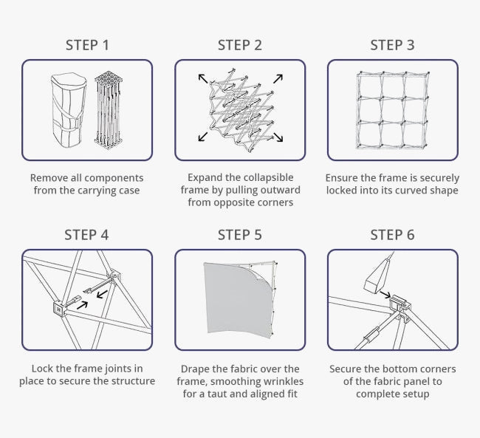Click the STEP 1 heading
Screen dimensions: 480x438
pos(87,45)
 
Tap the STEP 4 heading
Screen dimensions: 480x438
pos(86,235)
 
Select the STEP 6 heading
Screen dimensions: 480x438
pos(392,235)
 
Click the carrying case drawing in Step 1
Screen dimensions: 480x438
pos(69,110)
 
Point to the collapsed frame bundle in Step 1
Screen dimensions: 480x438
pos(109,109)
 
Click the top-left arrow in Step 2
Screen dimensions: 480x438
pos(203,78)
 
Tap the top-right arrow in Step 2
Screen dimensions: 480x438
pos(278,78)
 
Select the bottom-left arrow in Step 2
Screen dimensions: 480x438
pos(203,137)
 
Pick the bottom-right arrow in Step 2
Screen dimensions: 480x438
pos(278,137)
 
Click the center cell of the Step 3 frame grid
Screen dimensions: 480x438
pos(393,110)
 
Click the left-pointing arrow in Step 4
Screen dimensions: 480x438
pos(102,295)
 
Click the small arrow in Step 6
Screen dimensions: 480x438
pos(385,295)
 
